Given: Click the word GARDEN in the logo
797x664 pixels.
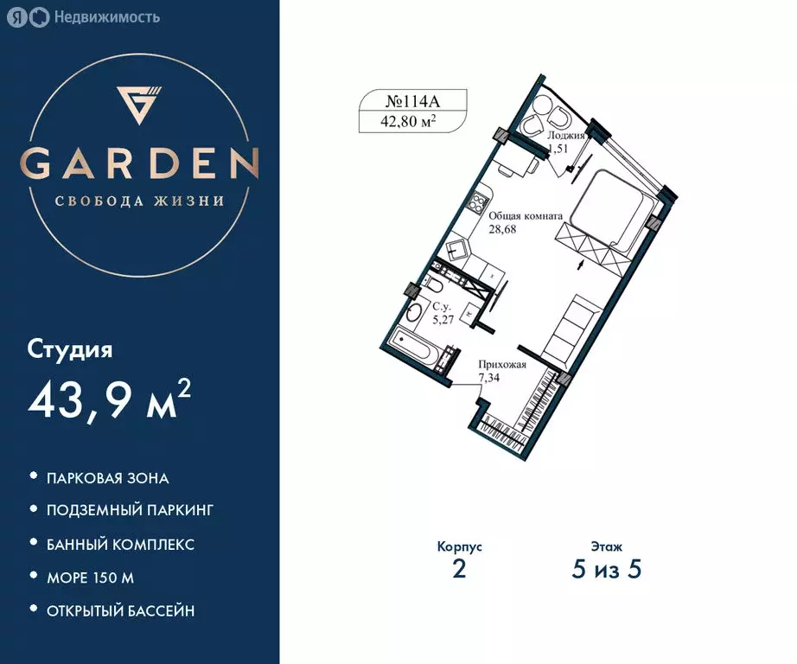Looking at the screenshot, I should click(140, 163).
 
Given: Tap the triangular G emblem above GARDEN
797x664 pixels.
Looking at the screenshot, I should click(139, 105).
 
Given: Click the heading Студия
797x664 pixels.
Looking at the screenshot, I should click(71, 350).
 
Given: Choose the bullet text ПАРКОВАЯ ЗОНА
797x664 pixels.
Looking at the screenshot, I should click(108, 477).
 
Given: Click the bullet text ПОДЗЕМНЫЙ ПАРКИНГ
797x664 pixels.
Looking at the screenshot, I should click(130, 510).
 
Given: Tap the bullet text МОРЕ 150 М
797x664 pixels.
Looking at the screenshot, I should click(90, 577).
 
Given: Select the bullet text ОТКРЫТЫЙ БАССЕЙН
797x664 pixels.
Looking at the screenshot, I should click(120, 610).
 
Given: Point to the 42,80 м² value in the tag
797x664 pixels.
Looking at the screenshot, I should click(408, 122).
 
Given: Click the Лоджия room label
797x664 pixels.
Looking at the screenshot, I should click(567, 137).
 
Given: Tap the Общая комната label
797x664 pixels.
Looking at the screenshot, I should click(526, 217).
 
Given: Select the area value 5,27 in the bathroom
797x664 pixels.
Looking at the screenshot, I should click(443, 318).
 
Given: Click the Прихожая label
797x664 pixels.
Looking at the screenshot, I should click(501, 365).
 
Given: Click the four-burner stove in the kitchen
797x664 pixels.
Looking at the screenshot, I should click(476, 204).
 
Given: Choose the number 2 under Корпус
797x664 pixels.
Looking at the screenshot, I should click(459, 571).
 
